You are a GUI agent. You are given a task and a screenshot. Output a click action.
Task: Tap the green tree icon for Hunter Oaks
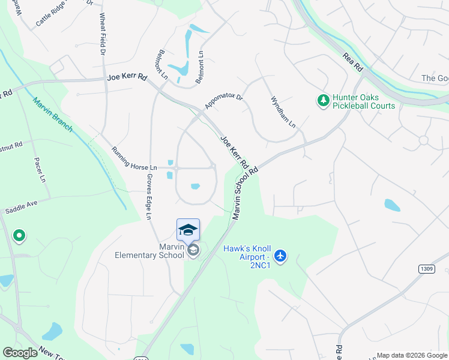click(324, 100)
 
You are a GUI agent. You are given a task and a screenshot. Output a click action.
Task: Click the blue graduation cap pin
click(188, 230)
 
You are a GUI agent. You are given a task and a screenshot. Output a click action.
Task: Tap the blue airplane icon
click(280, 256)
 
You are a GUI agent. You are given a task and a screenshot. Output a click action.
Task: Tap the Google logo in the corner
click(20, 353)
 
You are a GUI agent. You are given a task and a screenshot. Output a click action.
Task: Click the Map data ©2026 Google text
click(412, 355)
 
